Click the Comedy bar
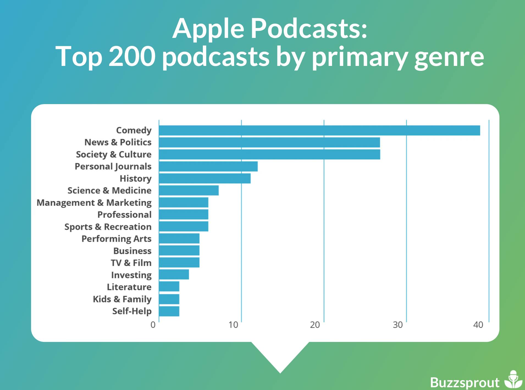(319, 130)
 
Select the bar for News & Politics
(269, 143)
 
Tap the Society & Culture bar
(269, 154)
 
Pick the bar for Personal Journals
(208, 166)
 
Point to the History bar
(205, 179)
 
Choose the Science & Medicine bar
(189, 190)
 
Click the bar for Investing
(174, 274)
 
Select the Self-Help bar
(169, 311)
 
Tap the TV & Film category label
(131, 263)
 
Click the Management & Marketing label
(94, 203)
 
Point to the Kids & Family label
(122, 299)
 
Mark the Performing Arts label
(116, 239)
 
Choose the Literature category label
(129, 287)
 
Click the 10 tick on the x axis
(233, 325)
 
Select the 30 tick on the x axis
(397, 325)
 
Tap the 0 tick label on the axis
(153, 325)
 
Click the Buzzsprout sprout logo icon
(513, 380)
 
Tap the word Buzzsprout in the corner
(465, 382)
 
